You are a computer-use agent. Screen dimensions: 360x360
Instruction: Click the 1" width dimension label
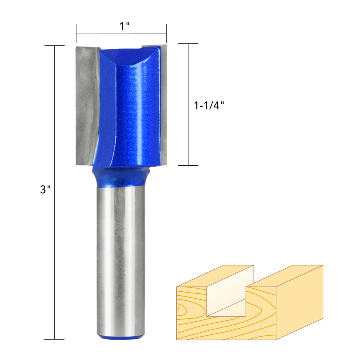124,26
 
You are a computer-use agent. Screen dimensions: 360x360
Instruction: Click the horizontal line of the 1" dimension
121,34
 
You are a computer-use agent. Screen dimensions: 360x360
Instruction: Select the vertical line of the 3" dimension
55,239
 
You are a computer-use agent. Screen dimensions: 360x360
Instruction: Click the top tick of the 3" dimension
55,46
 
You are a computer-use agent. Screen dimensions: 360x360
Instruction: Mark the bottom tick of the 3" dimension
55,339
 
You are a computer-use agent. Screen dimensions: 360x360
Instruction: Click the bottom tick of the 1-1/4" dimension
188,165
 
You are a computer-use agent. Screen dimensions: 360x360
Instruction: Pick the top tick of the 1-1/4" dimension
188,44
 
